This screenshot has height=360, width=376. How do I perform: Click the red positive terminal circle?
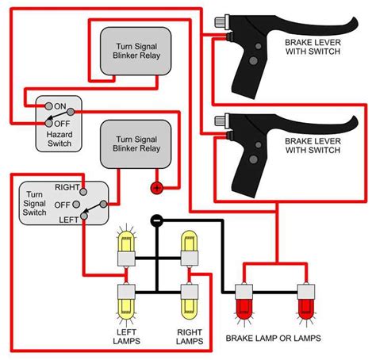click(157, 188)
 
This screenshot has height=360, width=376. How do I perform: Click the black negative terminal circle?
click(156, 220)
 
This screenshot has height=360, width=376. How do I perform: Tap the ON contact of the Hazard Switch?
click(48, 106)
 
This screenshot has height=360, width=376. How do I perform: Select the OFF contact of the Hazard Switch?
click(48, 123)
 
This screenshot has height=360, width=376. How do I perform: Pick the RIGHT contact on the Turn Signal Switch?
click(83, 192)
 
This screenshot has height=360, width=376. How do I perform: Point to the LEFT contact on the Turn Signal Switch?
click(84, 216)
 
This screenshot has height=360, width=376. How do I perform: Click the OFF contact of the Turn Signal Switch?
click(76, 205)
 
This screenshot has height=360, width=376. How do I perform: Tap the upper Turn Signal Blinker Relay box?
click(136, 52)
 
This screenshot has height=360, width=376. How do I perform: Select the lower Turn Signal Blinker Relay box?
click(136, 144)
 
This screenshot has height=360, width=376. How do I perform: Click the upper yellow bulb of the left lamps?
click(126, 241)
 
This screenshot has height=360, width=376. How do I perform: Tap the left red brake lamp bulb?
click(244, 308)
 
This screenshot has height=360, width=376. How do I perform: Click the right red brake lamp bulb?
click(306, 308)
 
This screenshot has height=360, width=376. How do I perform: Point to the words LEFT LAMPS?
click(126, 336)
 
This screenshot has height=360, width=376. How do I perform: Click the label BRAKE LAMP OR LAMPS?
click(274, 338)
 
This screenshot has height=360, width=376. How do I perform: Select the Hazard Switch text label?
click(59, 139)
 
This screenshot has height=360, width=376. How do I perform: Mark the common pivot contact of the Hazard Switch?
click(71, 112)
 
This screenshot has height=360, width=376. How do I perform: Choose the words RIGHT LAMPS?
click(190, 336)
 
